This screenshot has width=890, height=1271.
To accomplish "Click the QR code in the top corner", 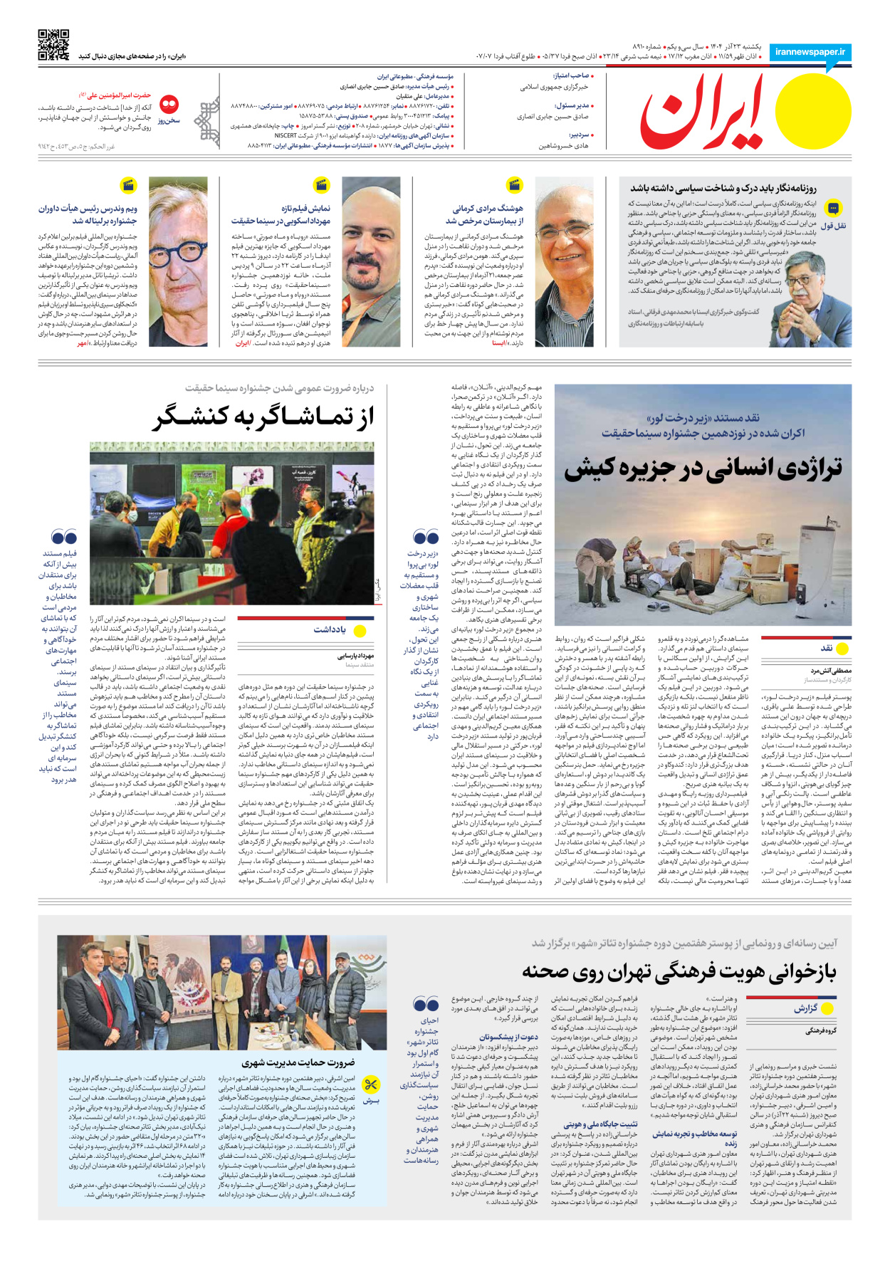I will point(53,45).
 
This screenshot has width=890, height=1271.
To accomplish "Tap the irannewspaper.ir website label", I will point(810,52).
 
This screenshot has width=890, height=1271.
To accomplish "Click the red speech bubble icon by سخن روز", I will point(169,104).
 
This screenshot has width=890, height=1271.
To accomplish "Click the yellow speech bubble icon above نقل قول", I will point(833,208).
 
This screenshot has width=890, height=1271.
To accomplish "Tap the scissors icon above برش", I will point(371,1085).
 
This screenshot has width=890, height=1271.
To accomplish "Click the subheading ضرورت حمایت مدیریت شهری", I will point(298,1062).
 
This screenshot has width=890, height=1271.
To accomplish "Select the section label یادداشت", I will point(330,629).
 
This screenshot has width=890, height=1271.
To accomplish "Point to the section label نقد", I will point(827,648).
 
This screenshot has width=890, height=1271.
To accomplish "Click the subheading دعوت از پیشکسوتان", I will point(508,1037).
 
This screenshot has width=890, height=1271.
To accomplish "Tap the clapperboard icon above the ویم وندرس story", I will point(128,186).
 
